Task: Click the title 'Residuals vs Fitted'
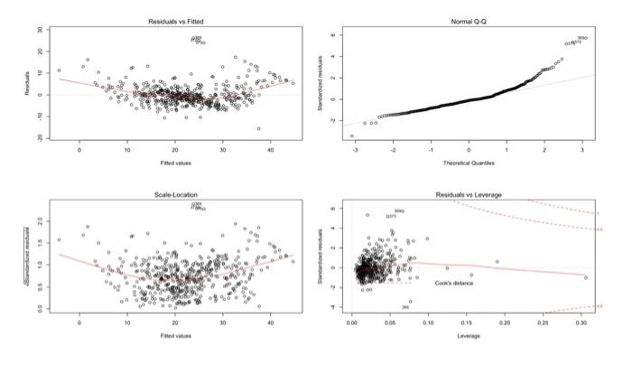pyautogui.click(x=174, y=21)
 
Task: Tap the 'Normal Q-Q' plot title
pyautogui.click(x=468, y=21)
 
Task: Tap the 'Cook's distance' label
pyautogui.click(x=455, y=284)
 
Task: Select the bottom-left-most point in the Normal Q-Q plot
pyautogui.click(x=352, y=135)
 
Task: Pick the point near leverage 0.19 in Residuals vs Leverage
pyautogui.click(x=497, y=262)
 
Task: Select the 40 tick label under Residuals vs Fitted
pyautogui.click(x=270, y=149)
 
